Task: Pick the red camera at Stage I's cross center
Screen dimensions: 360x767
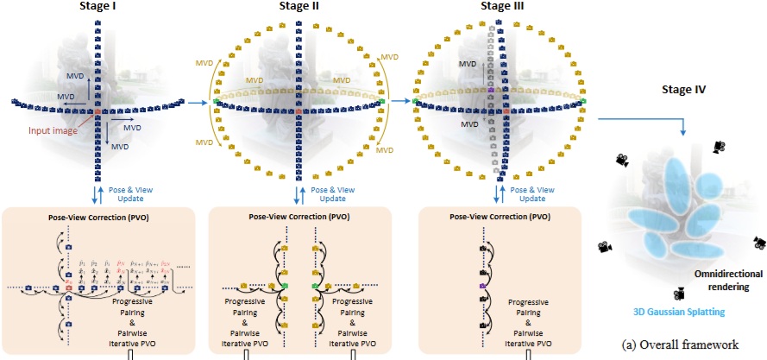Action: click(x=98, y=112)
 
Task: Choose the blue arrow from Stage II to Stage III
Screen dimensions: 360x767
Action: click(x=402, y=102)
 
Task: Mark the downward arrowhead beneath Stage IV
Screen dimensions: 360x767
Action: click(x=684, y=129)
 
